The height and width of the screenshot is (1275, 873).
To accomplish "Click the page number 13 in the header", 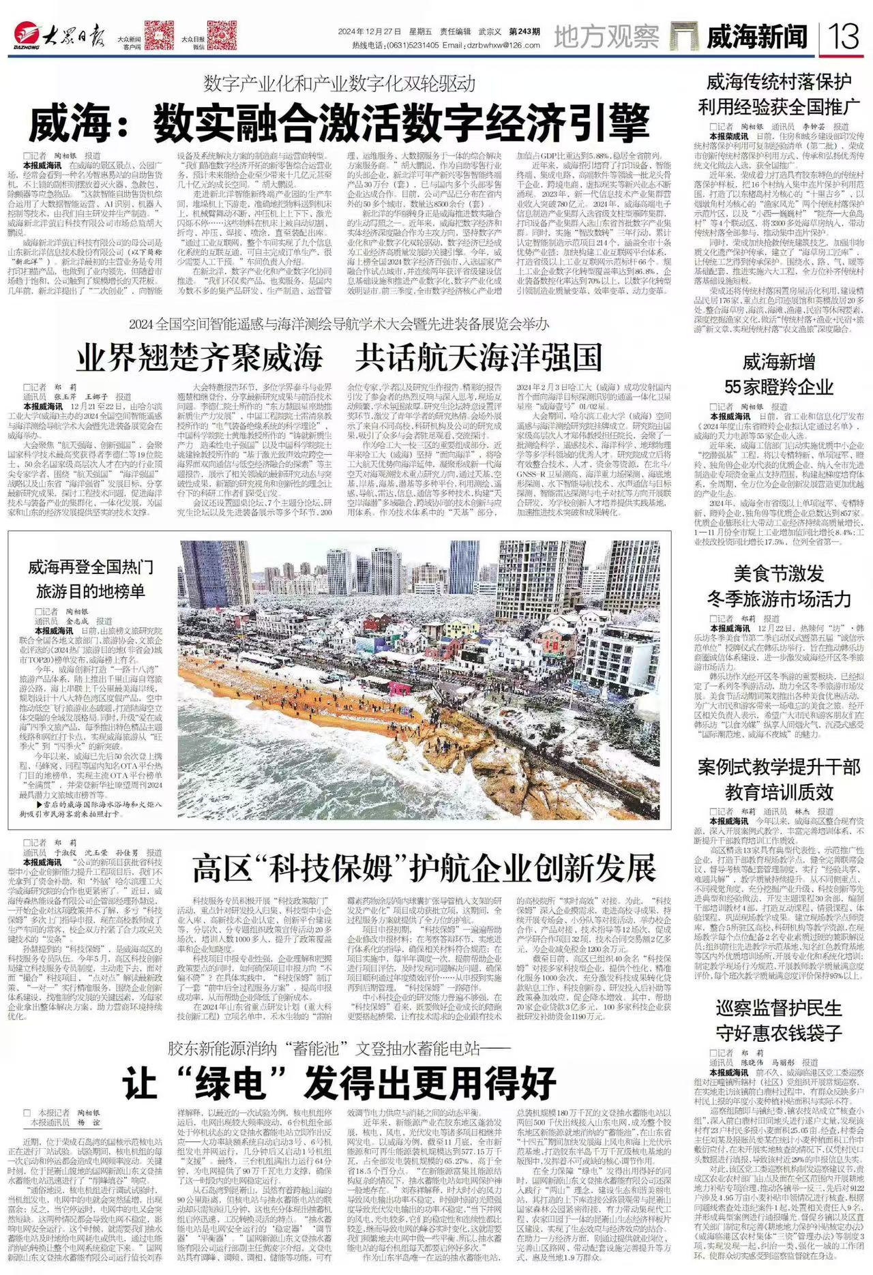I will pos(844,36).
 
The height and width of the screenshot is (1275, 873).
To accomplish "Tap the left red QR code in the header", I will pos(159,35).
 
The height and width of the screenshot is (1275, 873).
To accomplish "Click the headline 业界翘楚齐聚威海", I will pos(199,357).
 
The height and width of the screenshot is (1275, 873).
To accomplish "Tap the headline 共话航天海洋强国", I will pos(480,357).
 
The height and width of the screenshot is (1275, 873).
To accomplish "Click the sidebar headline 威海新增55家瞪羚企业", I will pos(778,374).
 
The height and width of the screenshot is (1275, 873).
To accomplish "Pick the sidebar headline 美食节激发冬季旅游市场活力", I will pos(778,586).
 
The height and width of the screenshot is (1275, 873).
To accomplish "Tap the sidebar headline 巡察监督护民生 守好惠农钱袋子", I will pos(778,1020).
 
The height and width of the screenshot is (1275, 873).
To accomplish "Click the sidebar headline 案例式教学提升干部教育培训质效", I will pos(778,779).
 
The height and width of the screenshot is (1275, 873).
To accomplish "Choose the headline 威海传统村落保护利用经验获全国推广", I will pos(778,95).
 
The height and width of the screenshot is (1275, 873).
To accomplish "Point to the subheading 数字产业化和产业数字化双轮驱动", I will pos(339,84).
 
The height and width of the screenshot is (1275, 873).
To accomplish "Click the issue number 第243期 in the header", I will pos(524,32).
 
